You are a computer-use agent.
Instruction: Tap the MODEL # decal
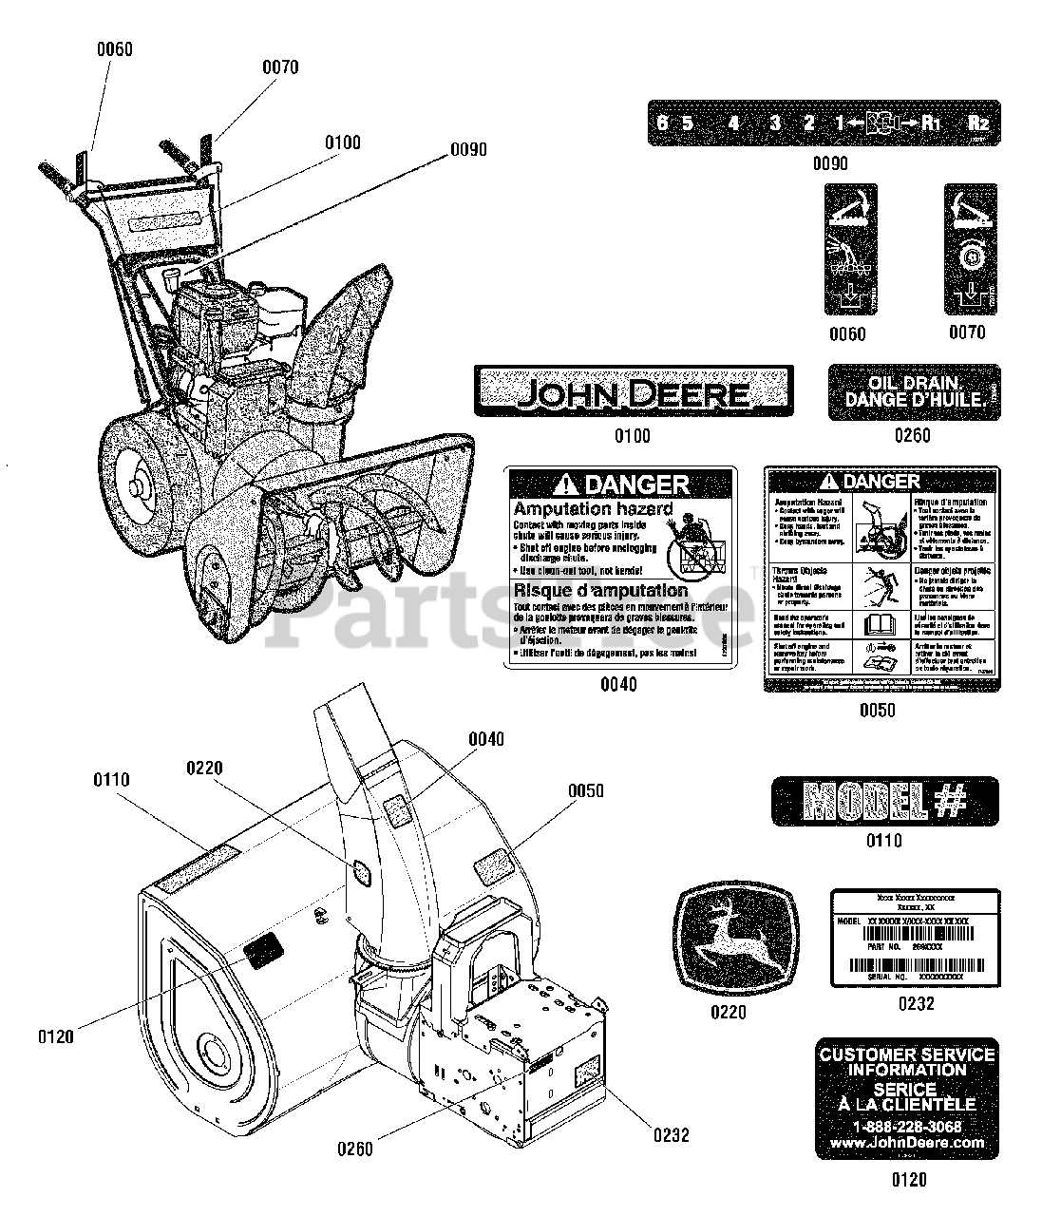(884, 800)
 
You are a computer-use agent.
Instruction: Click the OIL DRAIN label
(914, 392)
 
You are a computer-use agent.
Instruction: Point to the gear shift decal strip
(824, 123)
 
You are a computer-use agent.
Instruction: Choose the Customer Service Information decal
(907, 1098)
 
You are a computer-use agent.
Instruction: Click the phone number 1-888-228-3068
(907, 1127)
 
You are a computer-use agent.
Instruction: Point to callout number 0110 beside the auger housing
(111, 780)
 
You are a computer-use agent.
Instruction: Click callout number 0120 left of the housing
(56, 1037)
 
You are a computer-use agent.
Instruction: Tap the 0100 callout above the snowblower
(342, 142)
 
